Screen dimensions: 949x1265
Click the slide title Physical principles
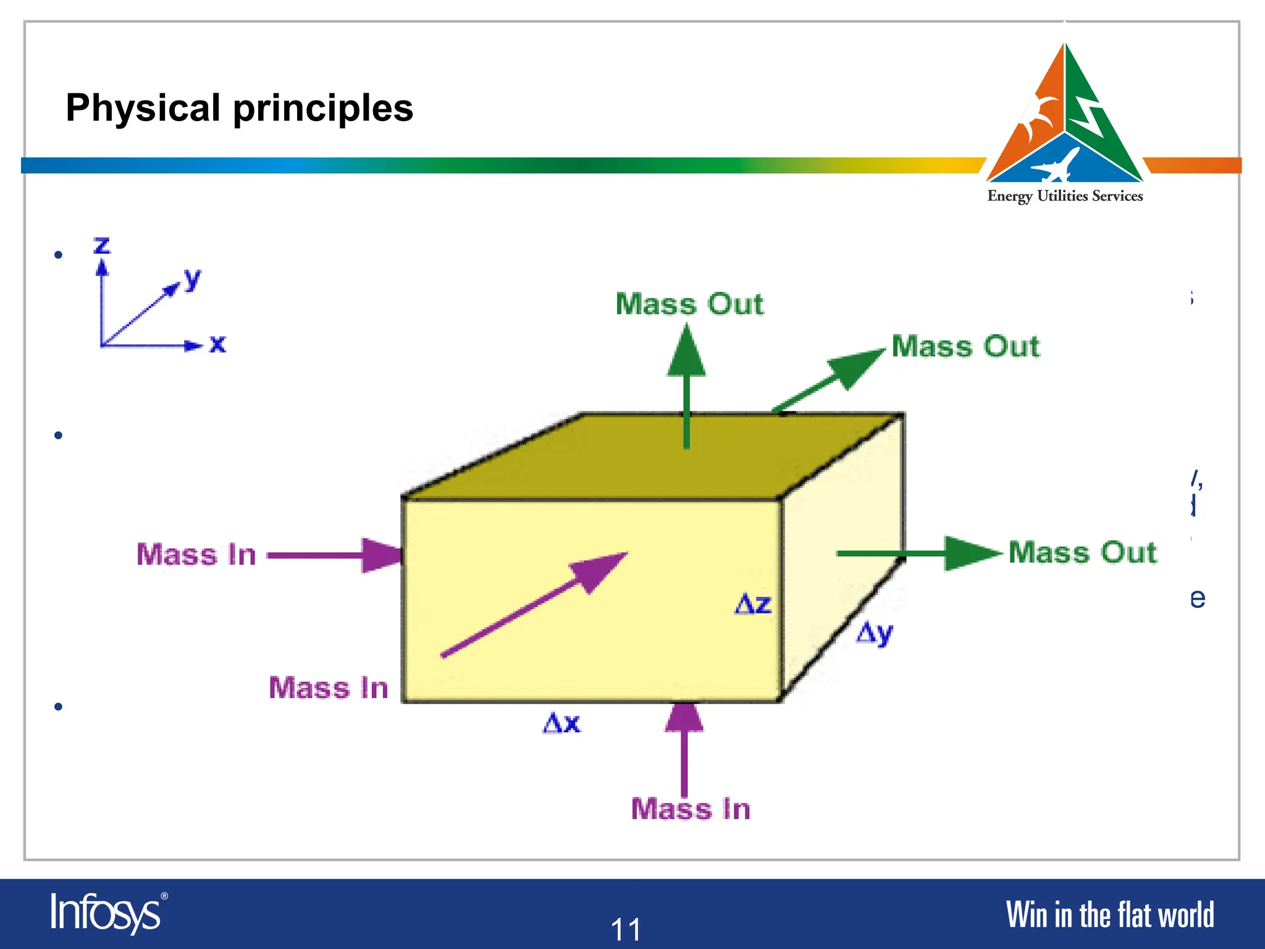click(239, 108)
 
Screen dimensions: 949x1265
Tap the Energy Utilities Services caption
click(1065, 196)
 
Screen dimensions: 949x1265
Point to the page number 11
click(626, 929)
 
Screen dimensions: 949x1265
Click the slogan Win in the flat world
click(1109, 915)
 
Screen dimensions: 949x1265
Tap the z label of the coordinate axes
click(102, 245)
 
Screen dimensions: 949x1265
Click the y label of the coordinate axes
click(192, 279)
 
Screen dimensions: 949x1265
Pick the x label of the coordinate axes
click(217, 344)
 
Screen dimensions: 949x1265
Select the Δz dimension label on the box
click(753, 604)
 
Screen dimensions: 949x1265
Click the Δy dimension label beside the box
click(874, 633)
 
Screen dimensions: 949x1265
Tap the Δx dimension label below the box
click(561, 722)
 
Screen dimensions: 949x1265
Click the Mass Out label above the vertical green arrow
click(689, 304)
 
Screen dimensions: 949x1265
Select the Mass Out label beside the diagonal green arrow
click(965, 346)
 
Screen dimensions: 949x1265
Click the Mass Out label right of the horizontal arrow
click(1082, 552)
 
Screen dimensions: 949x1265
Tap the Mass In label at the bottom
click(691, 809)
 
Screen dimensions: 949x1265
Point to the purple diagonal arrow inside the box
click(531, 605)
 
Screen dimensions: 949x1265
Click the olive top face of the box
click(618, 457)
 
